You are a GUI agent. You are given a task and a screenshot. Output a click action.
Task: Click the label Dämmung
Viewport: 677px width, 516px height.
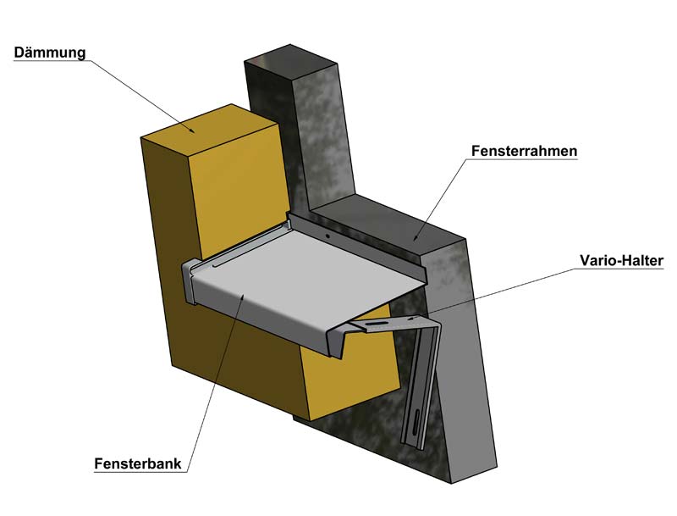point(48,53)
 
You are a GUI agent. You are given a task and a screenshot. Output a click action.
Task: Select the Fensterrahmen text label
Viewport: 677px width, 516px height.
point(524,152)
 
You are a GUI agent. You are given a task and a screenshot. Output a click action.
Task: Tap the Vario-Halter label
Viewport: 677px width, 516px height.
point(622,260)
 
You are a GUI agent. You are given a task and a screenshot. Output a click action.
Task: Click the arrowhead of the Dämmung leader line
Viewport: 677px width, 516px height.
point(195,132)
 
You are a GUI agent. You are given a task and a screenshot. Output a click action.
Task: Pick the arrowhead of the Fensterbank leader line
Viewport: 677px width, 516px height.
point(246,293)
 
